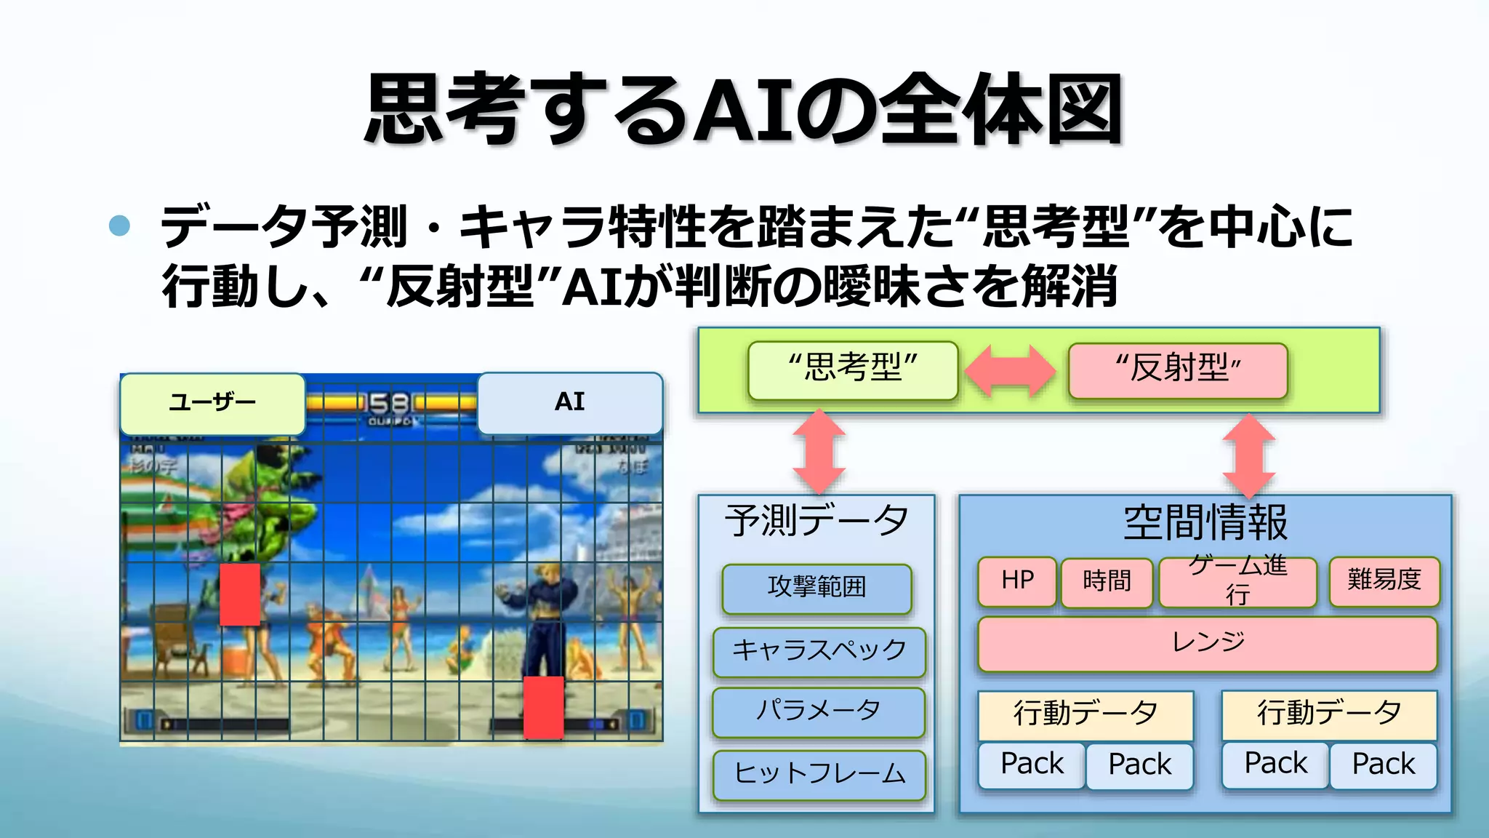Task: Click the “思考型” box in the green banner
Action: [853, 370]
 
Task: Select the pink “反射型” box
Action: [1178, 370]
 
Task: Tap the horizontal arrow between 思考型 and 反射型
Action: [1011, 371]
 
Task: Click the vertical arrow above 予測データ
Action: [819, 451]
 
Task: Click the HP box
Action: [1016, 581]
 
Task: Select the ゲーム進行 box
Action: [1237, 581]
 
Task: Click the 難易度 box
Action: [1384, 580]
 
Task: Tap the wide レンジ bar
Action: [1208, 643]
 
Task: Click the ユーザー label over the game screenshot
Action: [212, 403]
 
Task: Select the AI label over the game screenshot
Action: [569, 402]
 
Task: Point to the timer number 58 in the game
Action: [390, 403]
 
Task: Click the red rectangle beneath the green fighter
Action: [240, 594]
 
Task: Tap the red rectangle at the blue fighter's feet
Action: [544, 707]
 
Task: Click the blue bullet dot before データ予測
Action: [119, 226]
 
